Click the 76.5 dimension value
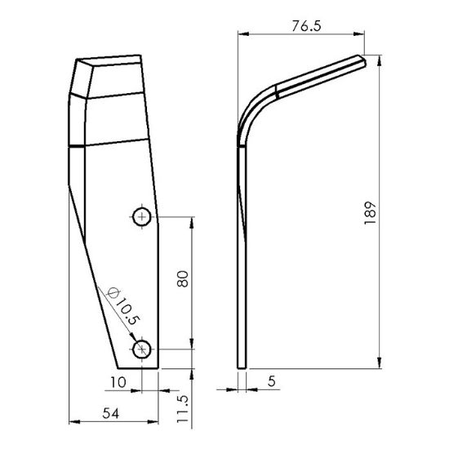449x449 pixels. pyautogui.click(x=306, y=26)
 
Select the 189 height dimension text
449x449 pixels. pyautogui.click(x=370, y=213)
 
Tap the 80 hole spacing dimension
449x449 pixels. pyautogui.click(x=183, y=278)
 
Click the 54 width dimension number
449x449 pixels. pyautogui.click(x=110, y=414)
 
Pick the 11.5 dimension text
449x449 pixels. pyautogui.click(x=182, y=409)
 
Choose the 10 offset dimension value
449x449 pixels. pyautogui.click(x=118, y=382)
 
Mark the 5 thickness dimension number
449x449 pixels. pyautogui.click(x=272, y=381)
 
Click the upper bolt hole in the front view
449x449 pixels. pyautogui.click(x=142, y=217)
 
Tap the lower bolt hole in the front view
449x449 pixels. pyautogui.click(x=142, y=349)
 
